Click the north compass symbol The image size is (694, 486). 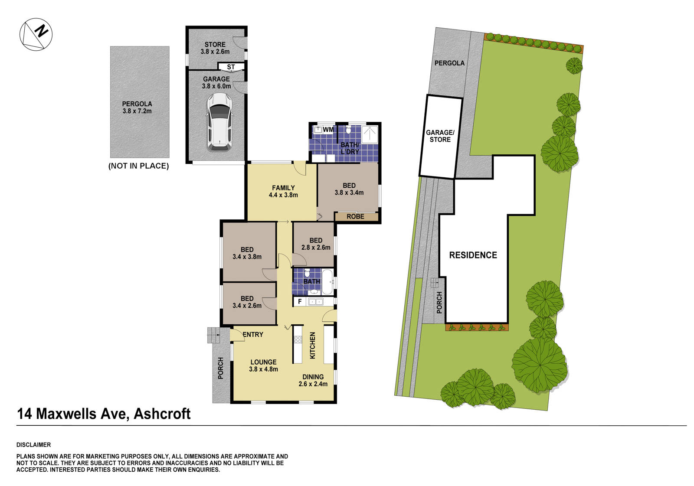(x=36, y=34)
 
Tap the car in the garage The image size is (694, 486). (x=219, y=122)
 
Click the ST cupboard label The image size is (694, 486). (x=231, y=67)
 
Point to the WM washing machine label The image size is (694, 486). (x=328, y=130)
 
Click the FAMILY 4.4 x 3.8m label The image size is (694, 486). (x=283, y=191)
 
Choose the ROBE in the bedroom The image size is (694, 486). (x=355, y=216)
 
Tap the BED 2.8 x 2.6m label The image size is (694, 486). (x=316, y=244)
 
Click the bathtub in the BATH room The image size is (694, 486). (x=327, y=281)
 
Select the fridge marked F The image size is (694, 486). (x=299, y=302)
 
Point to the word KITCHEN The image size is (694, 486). (x=312, y=345)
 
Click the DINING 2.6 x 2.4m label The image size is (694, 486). (x=313, y=380)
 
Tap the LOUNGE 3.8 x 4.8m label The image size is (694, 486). (x=263, y=365)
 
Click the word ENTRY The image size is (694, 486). (x=253, y=334)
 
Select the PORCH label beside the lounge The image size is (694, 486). (x=221, y=368)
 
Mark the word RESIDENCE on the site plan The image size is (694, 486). (x=473, y=255)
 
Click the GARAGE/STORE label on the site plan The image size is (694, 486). (x=440, y=136)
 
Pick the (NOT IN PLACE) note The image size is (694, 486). (x=138, y=166)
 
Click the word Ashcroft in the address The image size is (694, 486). (x=162, y=414)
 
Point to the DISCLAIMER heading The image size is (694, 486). (x=33, y=445)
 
